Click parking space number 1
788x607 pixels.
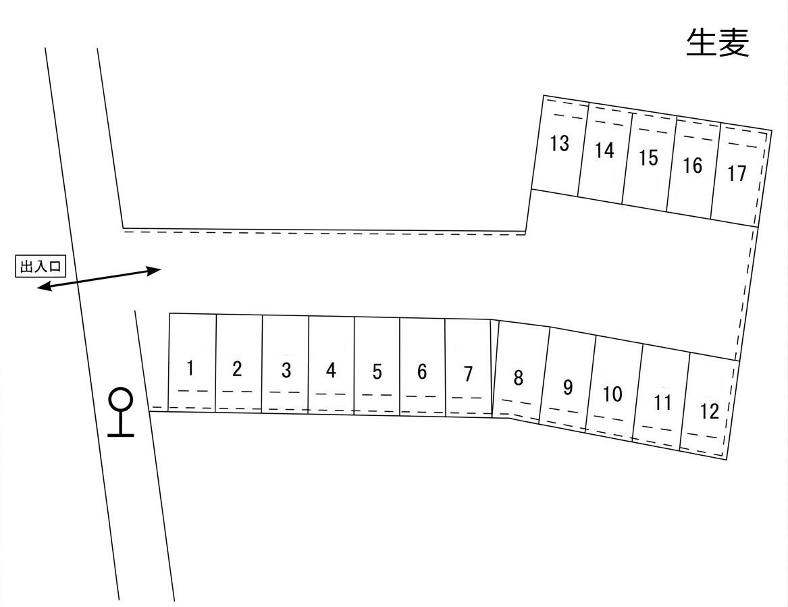pos(190,369)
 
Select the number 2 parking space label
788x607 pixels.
pos(236,369)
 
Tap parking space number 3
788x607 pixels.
pos(286,371)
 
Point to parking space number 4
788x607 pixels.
pos(331,371)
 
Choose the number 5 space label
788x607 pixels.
pos(377,371)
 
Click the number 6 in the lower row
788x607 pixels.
pos(422,372)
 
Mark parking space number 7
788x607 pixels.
pos(468,373)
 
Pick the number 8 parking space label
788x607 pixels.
pos(518,378)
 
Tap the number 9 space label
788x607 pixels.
pos(568,388)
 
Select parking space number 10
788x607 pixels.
pos(612,394)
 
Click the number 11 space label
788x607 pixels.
pos(663,403)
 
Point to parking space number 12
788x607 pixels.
pos(710,411)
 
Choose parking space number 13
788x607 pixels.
pos(559,144)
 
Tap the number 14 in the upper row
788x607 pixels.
pos(604,151)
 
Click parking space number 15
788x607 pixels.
pos(648,158)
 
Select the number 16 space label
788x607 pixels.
pos(693,165)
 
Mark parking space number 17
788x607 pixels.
pos(737,174)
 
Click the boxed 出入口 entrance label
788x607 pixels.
pos(40,267)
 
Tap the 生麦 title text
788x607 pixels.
pos(718,43)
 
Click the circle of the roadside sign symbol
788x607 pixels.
pos(121,399)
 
